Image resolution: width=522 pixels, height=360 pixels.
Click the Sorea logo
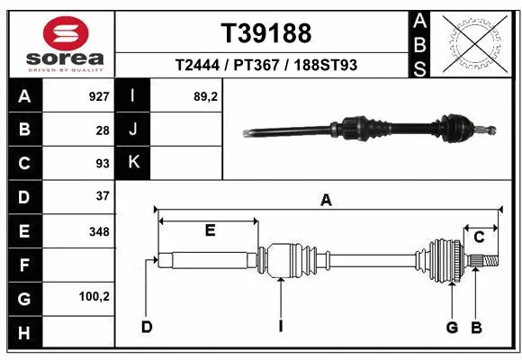59,42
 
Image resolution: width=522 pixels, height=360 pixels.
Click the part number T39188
265,33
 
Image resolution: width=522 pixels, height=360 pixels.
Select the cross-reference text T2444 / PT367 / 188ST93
265,65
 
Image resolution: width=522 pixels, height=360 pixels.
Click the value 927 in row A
98,96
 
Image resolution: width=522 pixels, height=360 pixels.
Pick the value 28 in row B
102,130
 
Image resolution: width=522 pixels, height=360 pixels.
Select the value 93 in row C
102,163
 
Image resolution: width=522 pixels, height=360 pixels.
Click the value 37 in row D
102,196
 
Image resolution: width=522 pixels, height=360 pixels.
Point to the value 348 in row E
98,230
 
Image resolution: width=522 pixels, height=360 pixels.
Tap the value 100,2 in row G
94,296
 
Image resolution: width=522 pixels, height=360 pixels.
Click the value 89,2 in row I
205,96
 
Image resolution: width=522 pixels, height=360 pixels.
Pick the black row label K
133,163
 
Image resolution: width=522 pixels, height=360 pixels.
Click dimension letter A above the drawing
326,201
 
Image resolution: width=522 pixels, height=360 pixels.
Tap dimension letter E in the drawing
209,230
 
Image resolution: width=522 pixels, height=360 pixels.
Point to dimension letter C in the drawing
480,237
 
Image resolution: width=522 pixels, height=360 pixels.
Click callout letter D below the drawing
146,326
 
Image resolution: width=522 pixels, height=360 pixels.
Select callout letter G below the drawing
452,326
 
